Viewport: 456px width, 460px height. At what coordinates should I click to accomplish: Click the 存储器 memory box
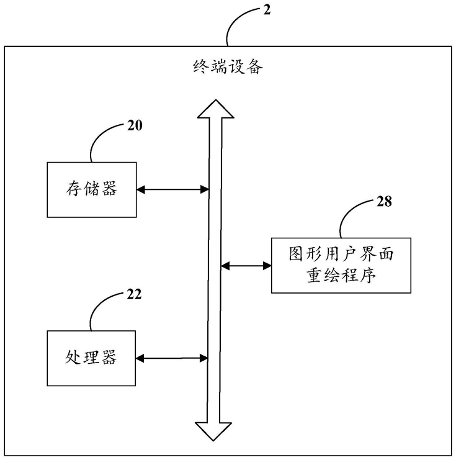[92, 189]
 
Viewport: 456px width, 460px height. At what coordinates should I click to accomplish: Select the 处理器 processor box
[92, 358]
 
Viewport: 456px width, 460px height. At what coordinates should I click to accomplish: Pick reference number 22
[135, 294]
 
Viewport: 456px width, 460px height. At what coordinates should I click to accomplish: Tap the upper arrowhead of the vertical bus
[215, 109]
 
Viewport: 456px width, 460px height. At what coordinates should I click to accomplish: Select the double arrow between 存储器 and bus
[172, 188]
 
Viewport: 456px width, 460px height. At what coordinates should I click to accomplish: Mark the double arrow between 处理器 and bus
[172, 358]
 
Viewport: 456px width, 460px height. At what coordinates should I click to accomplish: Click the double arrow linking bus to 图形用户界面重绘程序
[246, 266]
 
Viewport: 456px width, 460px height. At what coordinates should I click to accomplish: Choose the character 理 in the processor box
[92, 358]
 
